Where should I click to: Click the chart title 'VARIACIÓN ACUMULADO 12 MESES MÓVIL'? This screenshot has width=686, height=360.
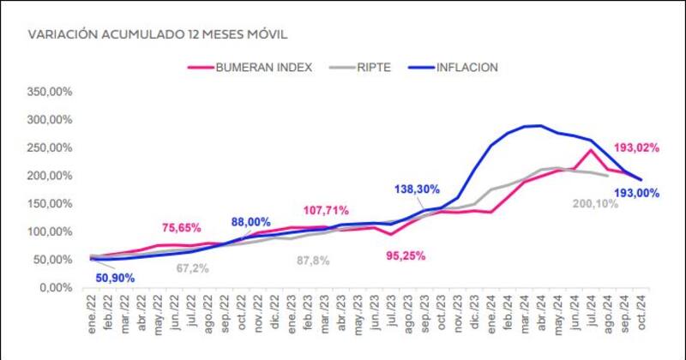point(157,35)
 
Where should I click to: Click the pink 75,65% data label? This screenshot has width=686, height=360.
point(181,228)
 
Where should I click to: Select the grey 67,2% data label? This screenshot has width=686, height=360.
point(192,268)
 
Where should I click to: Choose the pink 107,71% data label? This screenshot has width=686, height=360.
point(327,210)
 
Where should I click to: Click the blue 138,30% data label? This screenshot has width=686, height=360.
point(417,189)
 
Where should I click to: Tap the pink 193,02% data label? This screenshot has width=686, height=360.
point(635,147)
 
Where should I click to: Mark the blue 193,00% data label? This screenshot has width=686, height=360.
point(635,193)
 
